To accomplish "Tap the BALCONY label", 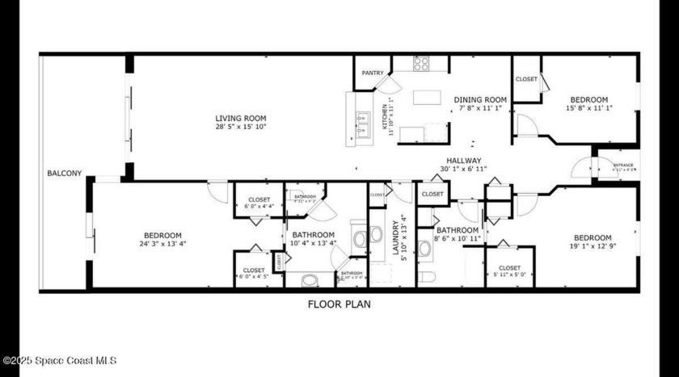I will point(64,174).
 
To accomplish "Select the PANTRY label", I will point(373,73).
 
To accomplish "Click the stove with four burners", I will point(421,64).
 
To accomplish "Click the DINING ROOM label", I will point(480,100).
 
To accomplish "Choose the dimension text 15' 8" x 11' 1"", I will point(586,108).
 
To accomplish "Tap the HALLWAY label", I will point(461,161).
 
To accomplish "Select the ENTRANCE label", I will point(623,165).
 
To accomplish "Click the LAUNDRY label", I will point(397,239).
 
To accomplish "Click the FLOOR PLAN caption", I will point(339,304).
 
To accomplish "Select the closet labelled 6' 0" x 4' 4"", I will point(259,203).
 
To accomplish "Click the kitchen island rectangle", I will point(426,97).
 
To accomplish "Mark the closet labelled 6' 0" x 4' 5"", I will point(254,274).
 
